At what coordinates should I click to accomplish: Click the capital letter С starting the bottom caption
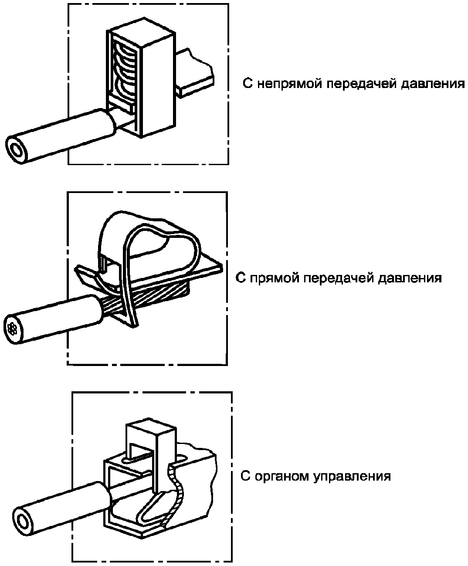tap(245, 476)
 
